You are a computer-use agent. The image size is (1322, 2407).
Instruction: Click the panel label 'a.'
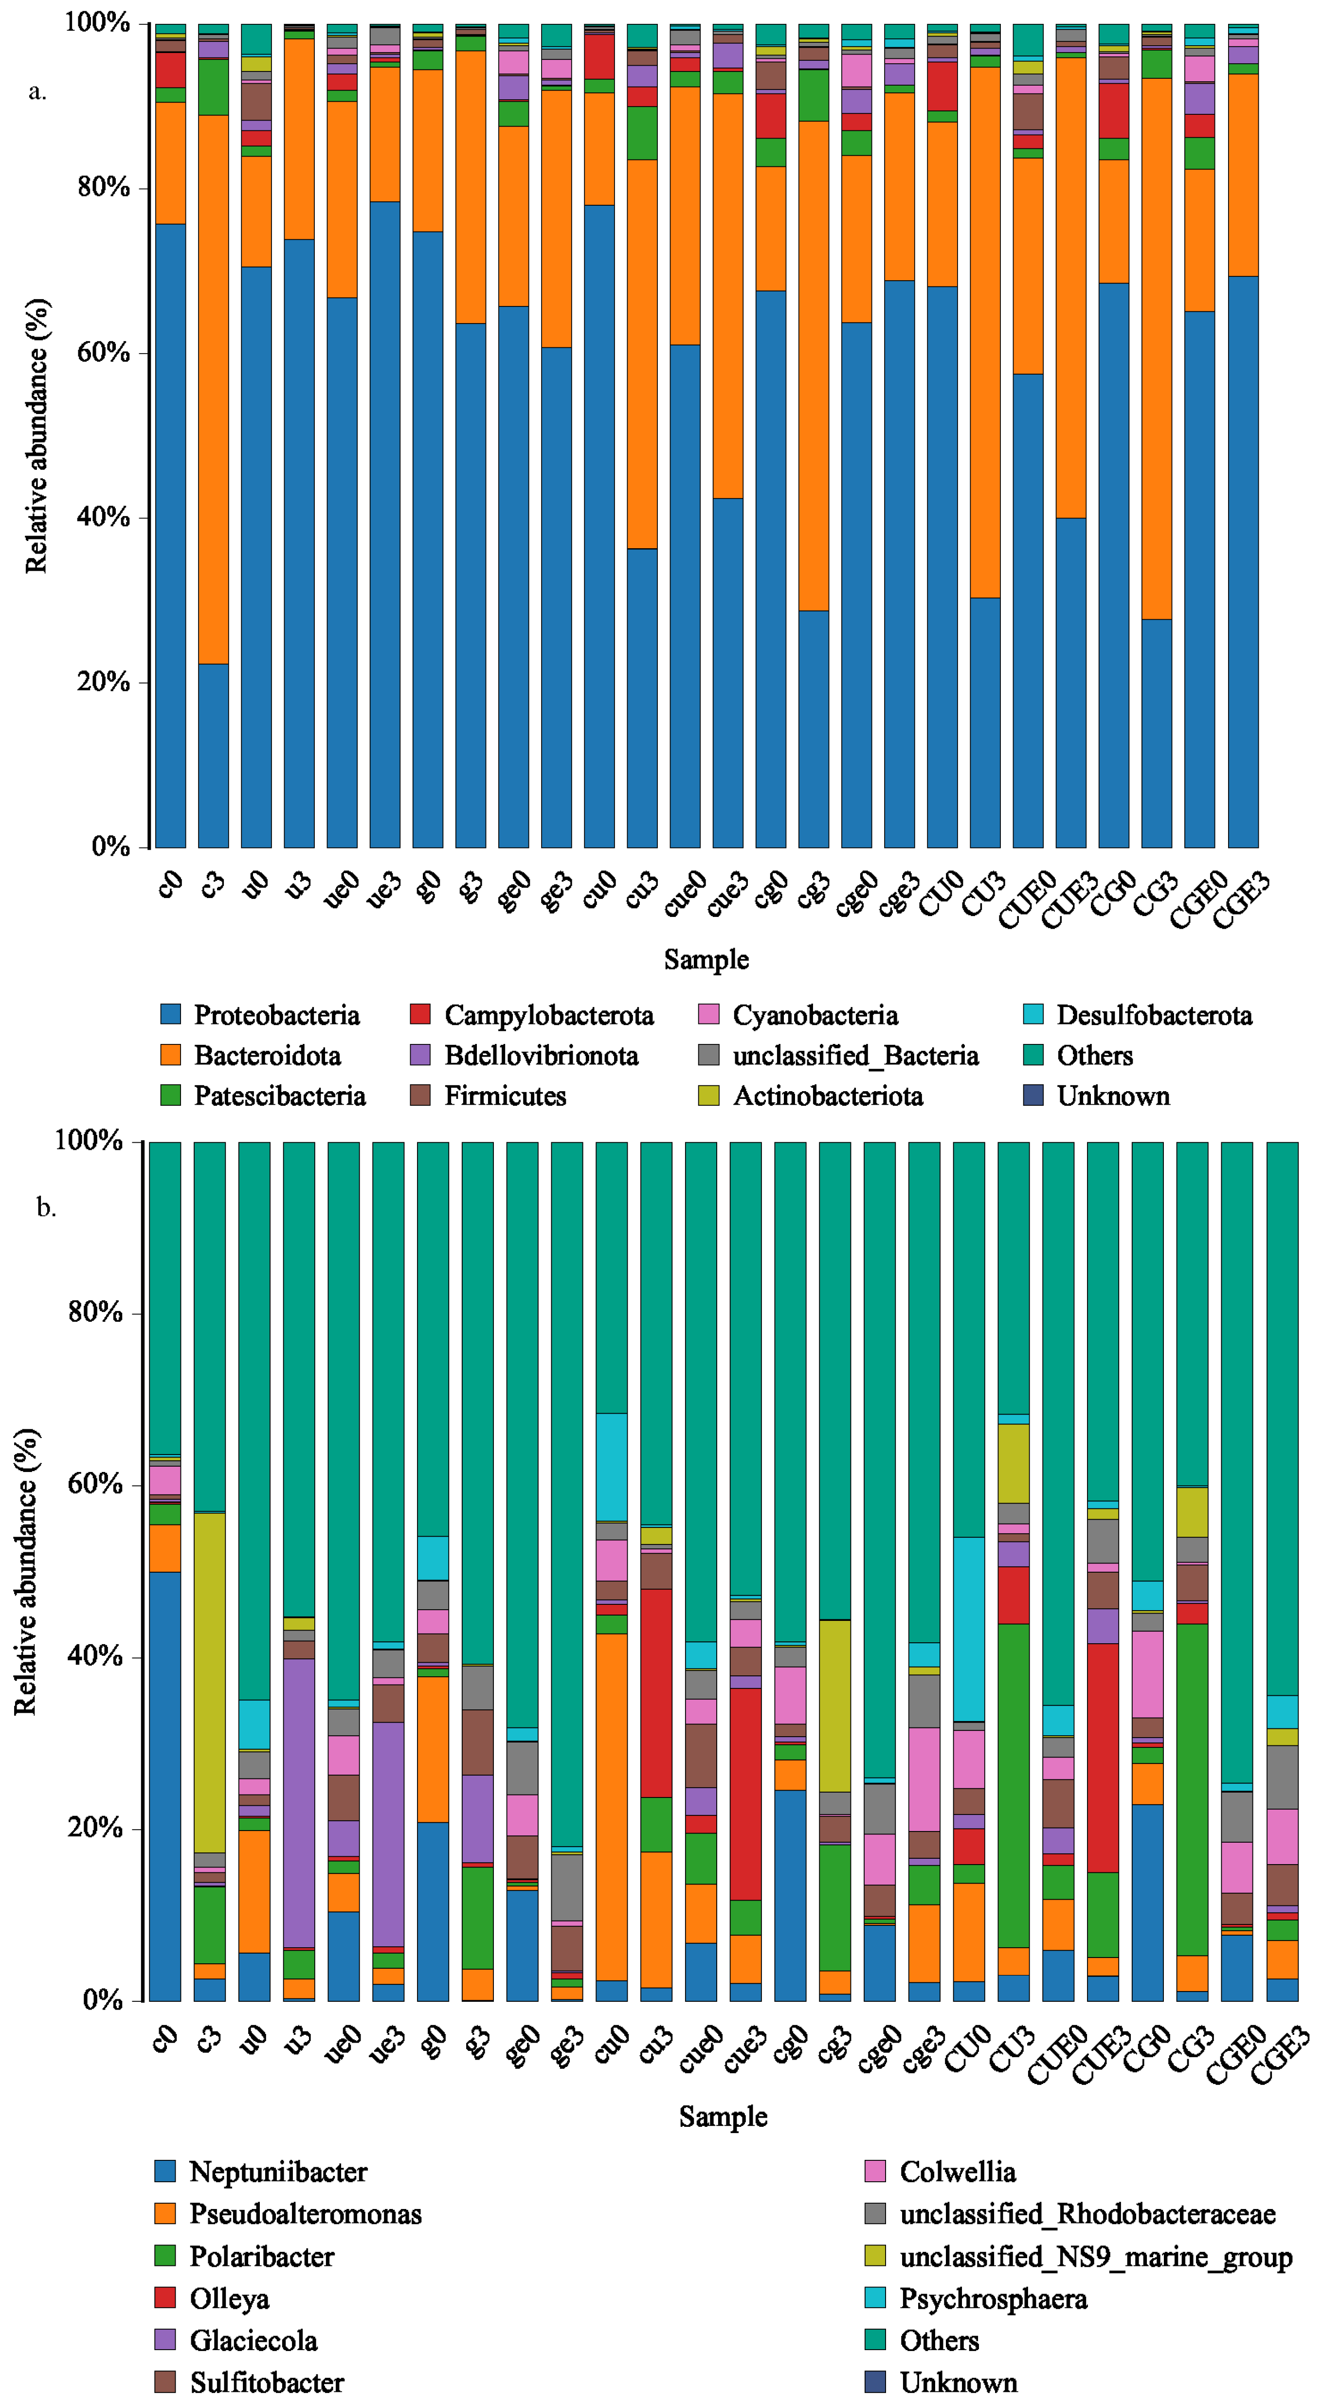click(x=37, y=91)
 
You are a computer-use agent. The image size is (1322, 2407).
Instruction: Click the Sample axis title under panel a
click(x=706, y=960)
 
